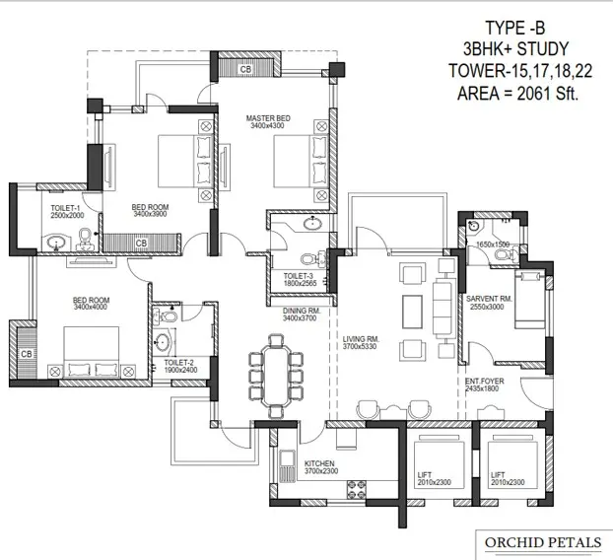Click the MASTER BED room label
click(x=268, y=118)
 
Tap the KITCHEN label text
click(x=319, y=463)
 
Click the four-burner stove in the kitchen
click(x=357, y=490)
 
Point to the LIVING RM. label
click(x=361, y=339)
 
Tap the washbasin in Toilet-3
click(x=312, y=224)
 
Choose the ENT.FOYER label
click(x=484, y=381)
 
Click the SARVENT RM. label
click(x=489, y=299)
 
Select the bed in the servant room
click(x=530, y=299)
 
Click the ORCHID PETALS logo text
click(x=543, y=542)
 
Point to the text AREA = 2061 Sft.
click(x=517, y=94)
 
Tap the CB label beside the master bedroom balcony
click(x=245, y=69)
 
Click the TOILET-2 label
click(x=178, y=363)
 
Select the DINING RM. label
click(x=302, y=311)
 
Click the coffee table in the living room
click(x=413, y=312)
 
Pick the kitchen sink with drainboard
click(x=288, y=466)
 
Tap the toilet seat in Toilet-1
click(x=84, y=239)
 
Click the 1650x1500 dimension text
click(x=493, y=245)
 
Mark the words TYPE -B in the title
click(x=514, y=29)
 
